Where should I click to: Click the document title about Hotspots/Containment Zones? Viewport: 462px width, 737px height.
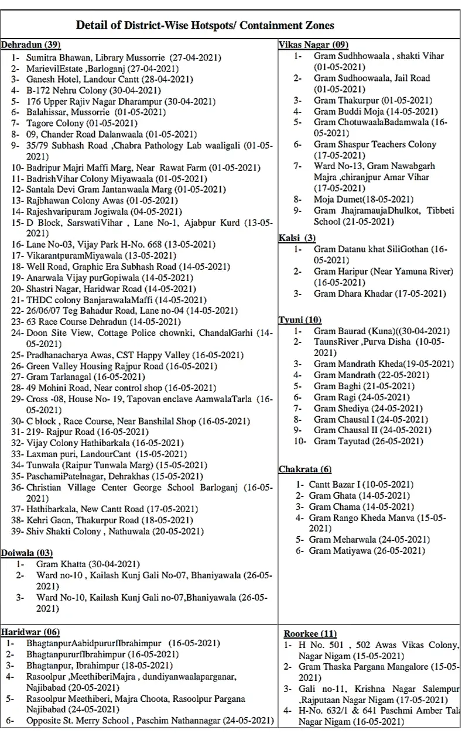[205, 25]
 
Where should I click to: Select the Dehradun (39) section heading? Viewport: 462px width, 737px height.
[30, 44]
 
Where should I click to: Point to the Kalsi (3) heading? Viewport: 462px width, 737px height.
[297, 238]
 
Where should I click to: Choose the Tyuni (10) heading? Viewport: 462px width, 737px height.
[300, 320]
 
